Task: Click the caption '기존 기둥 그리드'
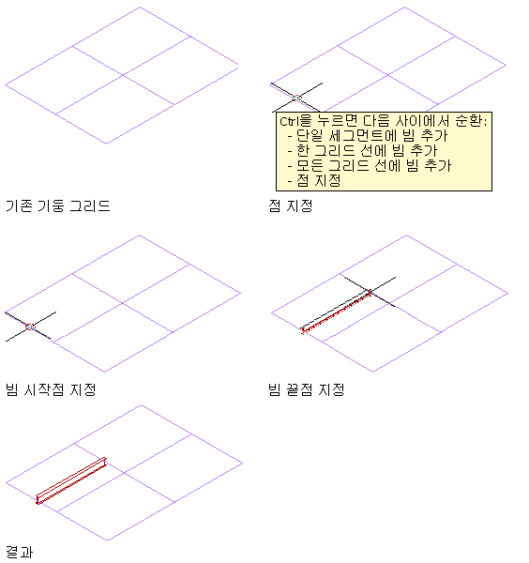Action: (58, 206)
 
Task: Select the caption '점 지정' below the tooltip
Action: (291, 206)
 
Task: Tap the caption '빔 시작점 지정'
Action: (51, 389)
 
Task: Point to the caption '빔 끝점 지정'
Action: (306, 389)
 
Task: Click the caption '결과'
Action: (20, 553)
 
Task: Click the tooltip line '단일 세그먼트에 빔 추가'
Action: (371, 136)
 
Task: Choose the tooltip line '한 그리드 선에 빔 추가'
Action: (367, 151)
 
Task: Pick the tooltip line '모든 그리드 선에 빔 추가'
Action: (373, 165)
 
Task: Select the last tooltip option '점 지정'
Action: (318, 180)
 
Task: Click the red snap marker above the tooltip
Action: (296, 98)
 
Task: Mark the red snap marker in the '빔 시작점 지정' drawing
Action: (31, 327)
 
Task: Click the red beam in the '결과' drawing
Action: (71, 480)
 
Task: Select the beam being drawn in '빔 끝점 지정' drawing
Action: (337, 312)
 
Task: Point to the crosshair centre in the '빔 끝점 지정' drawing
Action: (370, 292)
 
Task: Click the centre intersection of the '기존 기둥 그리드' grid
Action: (123, 75)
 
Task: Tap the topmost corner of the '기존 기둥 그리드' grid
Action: (140, 8)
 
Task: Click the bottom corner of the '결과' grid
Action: (107, 540)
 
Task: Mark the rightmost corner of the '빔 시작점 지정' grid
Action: (240, 294)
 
